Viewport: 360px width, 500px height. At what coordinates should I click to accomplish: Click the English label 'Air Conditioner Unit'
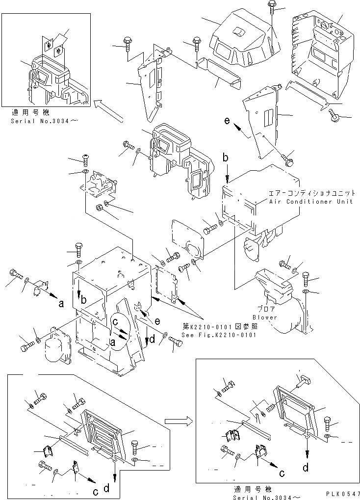tap(310, 202)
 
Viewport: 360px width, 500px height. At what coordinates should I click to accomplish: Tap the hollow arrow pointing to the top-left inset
tap(109, 109)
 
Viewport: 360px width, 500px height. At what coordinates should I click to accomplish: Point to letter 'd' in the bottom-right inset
tap(306, 468)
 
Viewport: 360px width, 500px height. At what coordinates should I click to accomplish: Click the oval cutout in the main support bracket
tap(118, 331)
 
